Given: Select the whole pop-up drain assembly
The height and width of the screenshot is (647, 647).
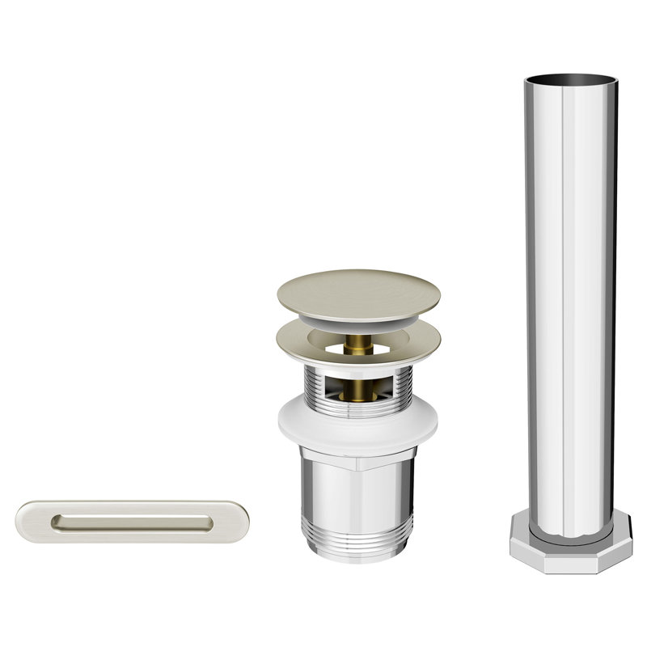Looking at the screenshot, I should click(x=358, y=412).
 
